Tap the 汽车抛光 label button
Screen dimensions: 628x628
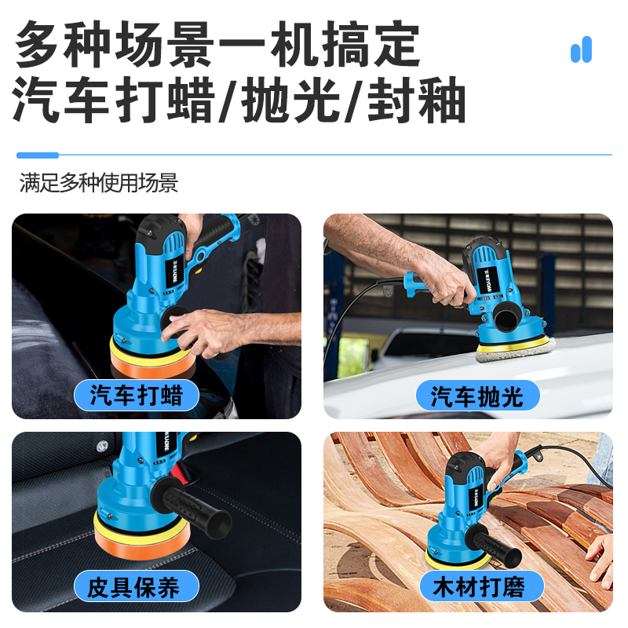click(x=476, y=395)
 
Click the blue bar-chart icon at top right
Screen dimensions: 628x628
click(x=581, y=50)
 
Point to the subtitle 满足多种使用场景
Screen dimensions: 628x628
click(x=99, y=184)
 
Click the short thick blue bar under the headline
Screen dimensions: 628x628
click(x=37, y=155)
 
